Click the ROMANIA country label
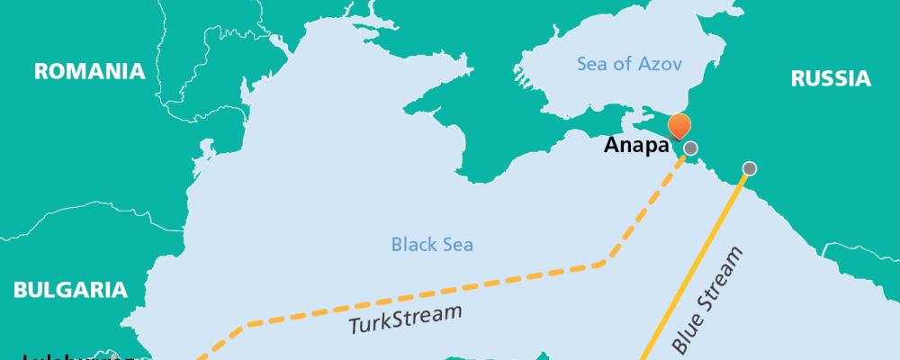[89, 72]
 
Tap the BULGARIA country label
[69, 290]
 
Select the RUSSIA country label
[830, 79]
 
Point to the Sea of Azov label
[628, 64]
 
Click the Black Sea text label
[432, 244]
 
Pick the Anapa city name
[638, 146]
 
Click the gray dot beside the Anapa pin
[690, 148]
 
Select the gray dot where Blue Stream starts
[749, 168]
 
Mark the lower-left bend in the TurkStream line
[245, 322]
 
